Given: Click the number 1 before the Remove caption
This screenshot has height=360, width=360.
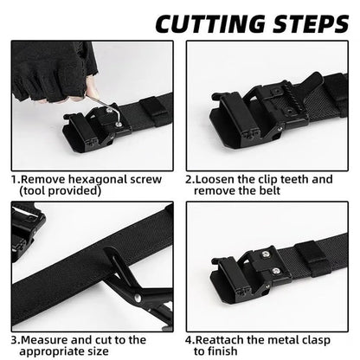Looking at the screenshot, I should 15,179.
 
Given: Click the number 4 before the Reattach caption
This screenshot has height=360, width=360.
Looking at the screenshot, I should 189,340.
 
